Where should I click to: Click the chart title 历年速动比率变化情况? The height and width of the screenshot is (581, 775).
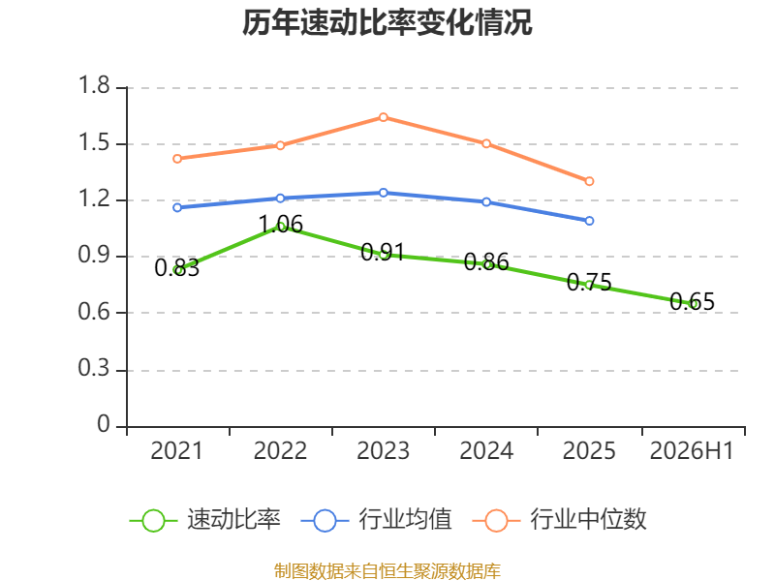pyautogui.click(x=387, y=22)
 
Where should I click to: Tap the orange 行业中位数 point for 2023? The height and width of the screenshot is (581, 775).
pyautogui.click(x=383, y=117)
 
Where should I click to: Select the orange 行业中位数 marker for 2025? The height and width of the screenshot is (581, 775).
pyautogui.click(x=589, y=181)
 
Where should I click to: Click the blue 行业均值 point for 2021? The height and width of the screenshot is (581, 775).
pyautogui.click(x=177, y=207)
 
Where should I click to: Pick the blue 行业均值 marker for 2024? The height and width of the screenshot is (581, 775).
pyautogui.click(x=486, y=202)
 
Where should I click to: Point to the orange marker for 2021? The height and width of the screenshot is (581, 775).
pyautogui.click(x=177, y=159)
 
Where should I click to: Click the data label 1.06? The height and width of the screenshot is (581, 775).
pyautogui.click(x=280, y=225)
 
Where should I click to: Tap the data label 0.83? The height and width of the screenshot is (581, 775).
pyautogui.click(x=177, y=268)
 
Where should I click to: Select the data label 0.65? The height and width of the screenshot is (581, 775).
pyautogui.click(x=692, y=301)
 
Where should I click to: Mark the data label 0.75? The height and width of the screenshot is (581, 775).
pyautogui.click(x=589, y=282)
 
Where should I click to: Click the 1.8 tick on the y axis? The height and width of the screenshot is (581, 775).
pyautogui.click(x=94, y=85)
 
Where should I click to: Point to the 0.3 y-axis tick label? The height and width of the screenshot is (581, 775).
pyautogui.click(x=94, y=368)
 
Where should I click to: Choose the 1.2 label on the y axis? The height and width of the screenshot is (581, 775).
pyautogui.click(x=94, y=199)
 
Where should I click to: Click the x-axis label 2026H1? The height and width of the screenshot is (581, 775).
pyautogui.click(x=692, y=450)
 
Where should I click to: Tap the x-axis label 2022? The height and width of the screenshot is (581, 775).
pyautogui.click(x=280, y=450)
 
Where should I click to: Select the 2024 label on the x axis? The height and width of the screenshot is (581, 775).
pyautogui.click(x=486, y=450)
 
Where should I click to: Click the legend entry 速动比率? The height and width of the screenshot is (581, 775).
pyautogui.click(x=205, y=520)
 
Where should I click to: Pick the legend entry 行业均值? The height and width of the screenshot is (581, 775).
pyautogui.click(x=376, y=520)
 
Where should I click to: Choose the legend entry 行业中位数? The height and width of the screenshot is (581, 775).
pyautogui.click(x=560, y=520)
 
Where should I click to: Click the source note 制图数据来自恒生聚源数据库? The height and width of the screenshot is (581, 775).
pyautogui.click(x=387, y=571)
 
